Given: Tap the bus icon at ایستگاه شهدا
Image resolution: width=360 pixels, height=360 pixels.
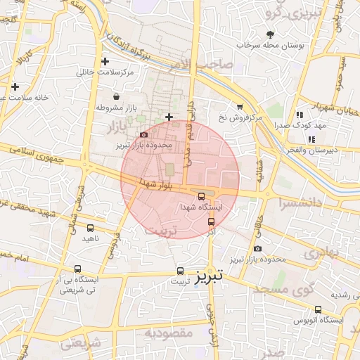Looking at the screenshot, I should click(202, 196).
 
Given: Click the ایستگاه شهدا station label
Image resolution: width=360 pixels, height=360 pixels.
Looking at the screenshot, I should click(201, 207).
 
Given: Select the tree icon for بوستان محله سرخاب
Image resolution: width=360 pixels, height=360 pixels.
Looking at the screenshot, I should click(271, 34).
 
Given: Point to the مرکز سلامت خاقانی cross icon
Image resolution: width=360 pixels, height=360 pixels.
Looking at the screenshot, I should click(105, 62).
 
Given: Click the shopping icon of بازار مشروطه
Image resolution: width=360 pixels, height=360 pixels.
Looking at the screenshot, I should click(115, 97).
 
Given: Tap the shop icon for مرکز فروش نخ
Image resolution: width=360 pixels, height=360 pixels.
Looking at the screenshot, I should click(240, 107).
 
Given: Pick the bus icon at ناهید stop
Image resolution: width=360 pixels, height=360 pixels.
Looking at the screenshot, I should click(90, 228).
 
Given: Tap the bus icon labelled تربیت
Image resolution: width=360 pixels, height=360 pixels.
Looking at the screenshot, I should click(180, 271).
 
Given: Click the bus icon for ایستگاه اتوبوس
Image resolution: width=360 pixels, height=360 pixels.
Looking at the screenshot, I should click(318, 309).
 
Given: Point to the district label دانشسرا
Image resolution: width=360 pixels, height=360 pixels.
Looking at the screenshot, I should click(300, 204).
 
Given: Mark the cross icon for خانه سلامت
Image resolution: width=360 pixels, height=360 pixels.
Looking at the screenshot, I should click(15, 86).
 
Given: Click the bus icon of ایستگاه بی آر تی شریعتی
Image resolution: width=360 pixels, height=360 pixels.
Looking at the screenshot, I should click(77, 269).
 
